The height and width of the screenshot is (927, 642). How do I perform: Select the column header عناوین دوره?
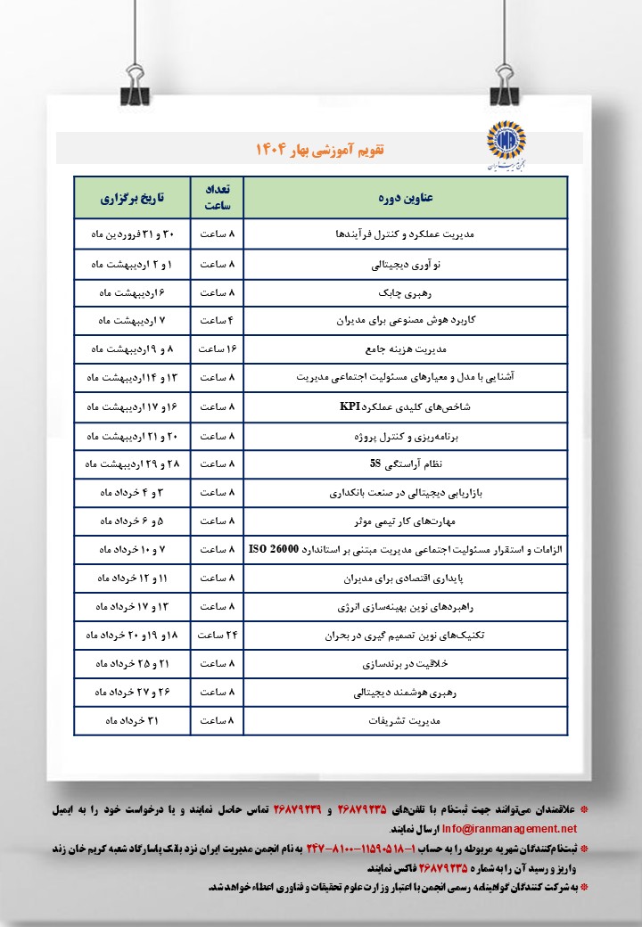click(x=405, y=198)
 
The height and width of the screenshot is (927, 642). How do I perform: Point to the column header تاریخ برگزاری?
click(x=131, y=198)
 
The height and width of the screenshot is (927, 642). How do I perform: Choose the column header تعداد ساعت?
click(x=217, y=198)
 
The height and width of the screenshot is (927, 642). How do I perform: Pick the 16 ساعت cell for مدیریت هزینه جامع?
click(x=217, y=349)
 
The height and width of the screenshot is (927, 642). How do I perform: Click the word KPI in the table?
click(x=349, y=406)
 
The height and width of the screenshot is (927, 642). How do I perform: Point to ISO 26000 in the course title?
click(x=276, y=549)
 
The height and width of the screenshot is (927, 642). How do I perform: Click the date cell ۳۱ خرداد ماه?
click(x=131, y=720)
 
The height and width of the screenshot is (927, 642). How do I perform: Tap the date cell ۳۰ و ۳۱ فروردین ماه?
click(x=131, y=235)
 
